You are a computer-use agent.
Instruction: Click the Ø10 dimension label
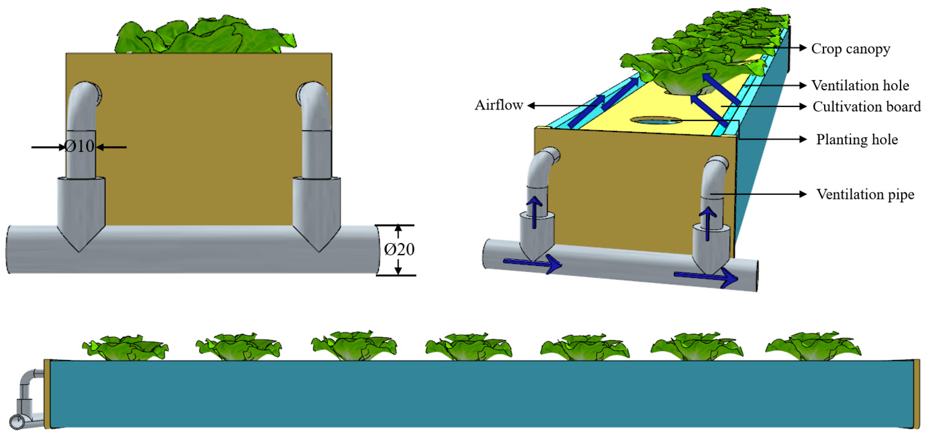79,146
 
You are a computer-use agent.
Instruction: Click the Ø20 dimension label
399,249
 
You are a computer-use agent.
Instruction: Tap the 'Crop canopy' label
850,48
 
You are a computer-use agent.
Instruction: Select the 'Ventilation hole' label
860,85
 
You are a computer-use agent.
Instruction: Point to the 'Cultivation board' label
866,107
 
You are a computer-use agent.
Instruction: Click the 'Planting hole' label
857,139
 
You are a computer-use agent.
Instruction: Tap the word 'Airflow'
499,105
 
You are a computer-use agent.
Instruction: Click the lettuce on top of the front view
205,36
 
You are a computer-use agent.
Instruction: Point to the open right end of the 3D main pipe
756,276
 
